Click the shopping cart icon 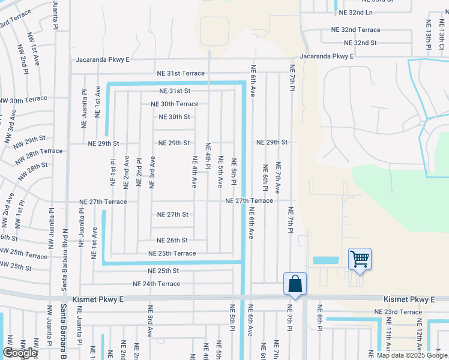coord(360,259)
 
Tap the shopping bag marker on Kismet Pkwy coord(295,284)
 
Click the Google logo coord(20,353)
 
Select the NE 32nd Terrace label coord(356,29)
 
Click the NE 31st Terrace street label coord(180,73)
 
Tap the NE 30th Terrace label coord(174,104)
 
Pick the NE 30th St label coord(173,117)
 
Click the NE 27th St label coord(173,214)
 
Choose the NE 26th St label coord(172,240)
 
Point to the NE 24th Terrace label coord(156,284)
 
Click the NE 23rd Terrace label coord(398,312)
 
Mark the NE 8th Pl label coord(320,337)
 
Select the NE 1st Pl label coord(113,173)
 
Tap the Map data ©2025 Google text coord(412,355)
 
